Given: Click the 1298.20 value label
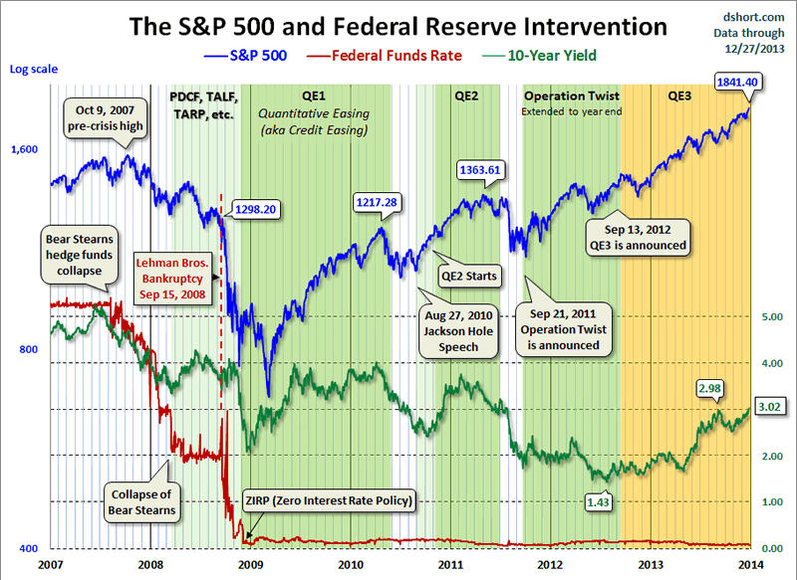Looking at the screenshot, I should point(254,210).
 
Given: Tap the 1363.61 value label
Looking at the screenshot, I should point(479,170).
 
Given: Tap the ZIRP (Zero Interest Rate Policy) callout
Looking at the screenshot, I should point(328,500).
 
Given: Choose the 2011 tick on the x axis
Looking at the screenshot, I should point(450,564).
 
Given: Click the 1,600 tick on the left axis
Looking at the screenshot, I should point(24,148).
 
